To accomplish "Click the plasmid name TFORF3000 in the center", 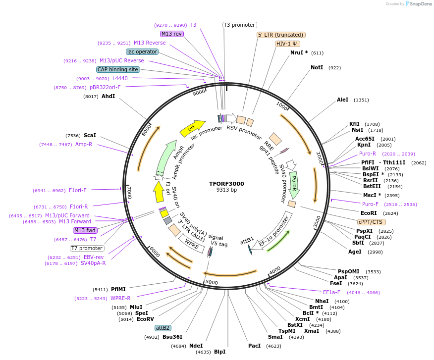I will pyautogui.click(x=226, y=184).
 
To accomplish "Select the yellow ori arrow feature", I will pyautogui.click(x=192, y=128).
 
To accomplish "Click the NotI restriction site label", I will pyautogui.click(x=317, y=67).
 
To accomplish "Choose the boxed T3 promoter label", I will pyautogui.click(x=239, y=25).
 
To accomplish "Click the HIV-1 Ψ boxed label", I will pyautogui.click(x=288, y=44).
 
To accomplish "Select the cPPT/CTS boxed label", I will pyautogui.click(x=371, y=222).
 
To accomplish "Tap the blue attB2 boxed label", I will pyautogui.click(x=163, y=328).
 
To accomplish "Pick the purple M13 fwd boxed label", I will pyautogui.click(x=85, y=230).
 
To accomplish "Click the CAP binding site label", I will pyautogui.click(x=118, y=70).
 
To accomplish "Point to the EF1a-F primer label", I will pyautogui.click(x=331, y=292).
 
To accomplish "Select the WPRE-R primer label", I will pyautogui.click(x=120, y=298).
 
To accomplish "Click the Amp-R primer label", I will pyautogui.click(x=84, y=144).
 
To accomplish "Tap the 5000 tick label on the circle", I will pyautogui.click(x=212, y=282).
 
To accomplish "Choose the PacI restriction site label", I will pyautogui.click(x=254, y=346).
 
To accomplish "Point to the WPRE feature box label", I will pyautogui.click(x=192, y=242).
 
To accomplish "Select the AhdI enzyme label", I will pyautogui.click(x=108, y=96).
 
